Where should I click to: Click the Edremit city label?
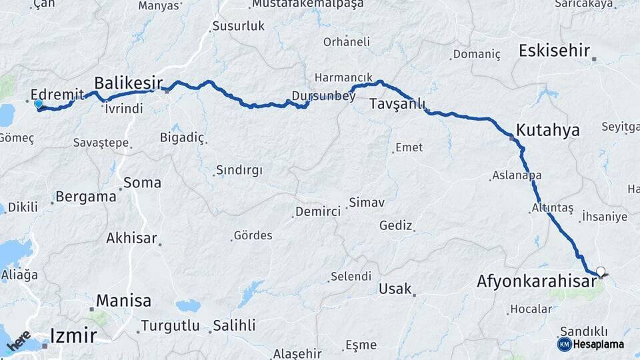click(58, 95)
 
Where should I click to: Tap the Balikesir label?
click(128, 83)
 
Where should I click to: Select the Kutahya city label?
click(548, 130)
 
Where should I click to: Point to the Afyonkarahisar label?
click(536, 282)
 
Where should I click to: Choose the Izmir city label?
click(73, 335)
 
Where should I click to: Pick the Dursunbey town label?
click(324, 97)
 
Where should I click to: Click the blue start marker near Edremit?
click(38, 104)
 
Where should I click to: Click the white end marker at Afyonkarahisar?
click(601, 271)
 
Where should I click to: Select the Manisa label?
click(124, 301)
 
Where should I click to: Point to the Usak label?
click(395, 289)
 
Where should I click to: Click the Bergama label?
click(86, 197)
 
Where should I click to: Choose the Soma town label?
click(143, 182)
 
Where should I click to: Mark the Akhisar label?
click(131, 238)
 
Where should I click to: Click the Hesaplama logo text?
click(599, 345)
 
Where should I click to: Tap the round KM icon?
click(564, 344)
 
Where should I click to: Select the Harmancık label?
click(343, 77)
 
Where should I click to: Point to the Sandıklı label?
click(583, 331)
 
